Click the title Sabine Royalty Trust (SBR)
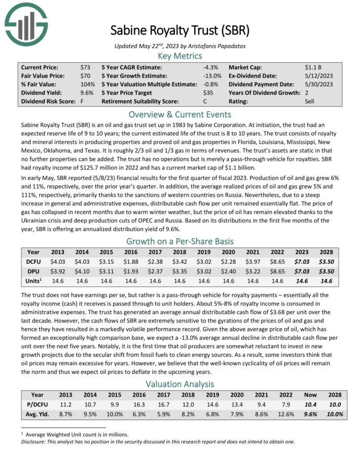pos(180,30)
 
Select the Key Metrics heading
pos(180,56)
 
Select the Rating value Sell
pos(310,101)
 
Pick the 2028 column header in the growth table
pos(326,251)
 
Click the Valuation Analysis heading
pos(180,384)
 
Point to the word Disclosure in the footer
pos(35,441)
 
